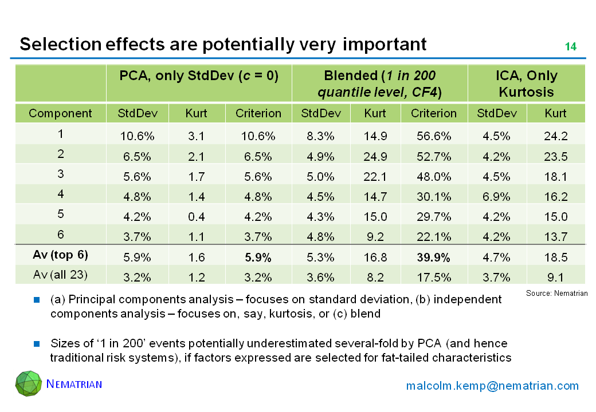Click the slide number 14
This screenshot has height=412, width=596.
point(570,47)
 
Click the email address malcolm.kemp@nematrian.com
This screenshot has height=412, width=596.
point(492,386)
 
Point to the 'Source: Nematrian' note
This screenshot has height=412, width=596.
point(556,293)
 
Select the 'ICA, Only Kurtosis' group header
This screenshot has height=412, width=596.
point(527,84)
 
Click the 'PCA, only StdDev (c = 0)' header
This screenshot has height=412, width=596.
point(199,76)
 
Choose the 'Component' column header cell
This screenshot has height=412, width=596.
point(60,113)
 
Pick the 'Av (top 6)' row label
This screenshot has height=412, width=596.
point(60,255)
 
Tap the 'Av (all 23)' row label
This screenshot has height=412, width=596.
point(60,275)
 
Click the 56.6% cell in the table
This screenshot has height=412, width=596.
point(434,136)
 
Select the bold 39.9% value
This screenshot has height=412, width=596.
point(434,255)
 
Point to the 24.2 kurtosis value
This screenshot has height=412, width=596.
point(556,136)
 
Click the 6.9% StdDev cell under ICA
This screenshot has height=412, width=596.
point(497,196)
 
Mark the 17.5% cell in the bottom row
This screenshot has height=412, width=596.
point(434,278)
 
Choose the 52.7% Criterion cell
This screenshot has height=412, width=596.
point(434,156)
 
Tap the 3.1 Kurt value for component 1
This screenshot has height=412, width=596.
point(197,136)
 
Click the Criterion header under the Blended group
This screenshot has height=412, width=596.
point(434,113)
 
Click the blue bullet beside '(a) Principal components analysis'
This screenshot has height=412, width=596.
point(37,299)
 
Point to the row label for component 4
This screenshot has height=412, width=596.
point(60,195)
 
